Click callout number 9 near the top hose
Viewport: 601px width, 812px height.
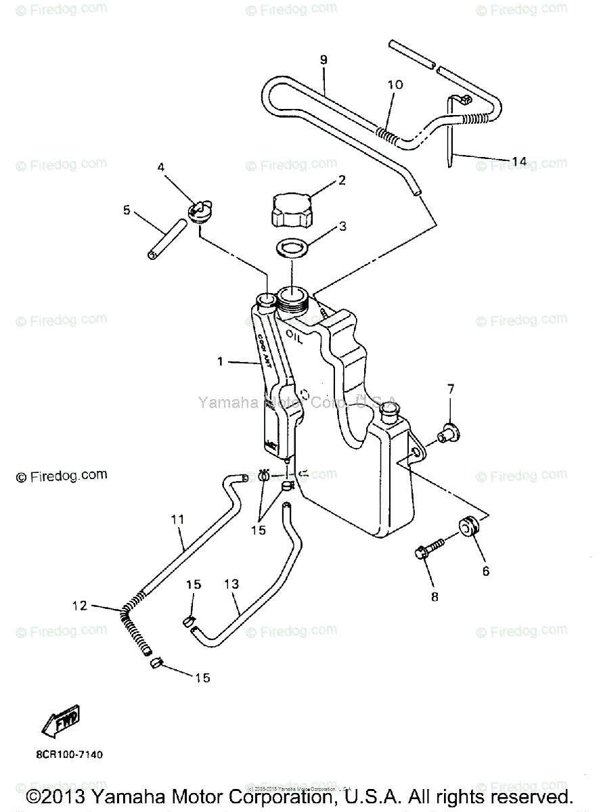pyautogui.click(x=324, y=61)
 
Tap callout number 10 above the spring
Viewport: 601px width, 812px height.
pyautogui.click(x=395, y=85)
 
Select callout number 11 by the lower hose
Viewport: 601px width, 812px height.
pyautogui.click(x=177, y=520)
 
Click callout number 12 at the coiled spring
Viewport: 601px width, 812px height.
pyautogui.click(x=81, y=606)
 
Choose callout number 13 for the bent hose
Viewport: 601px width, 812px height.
pyautogui.click(x=231, y=583)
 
